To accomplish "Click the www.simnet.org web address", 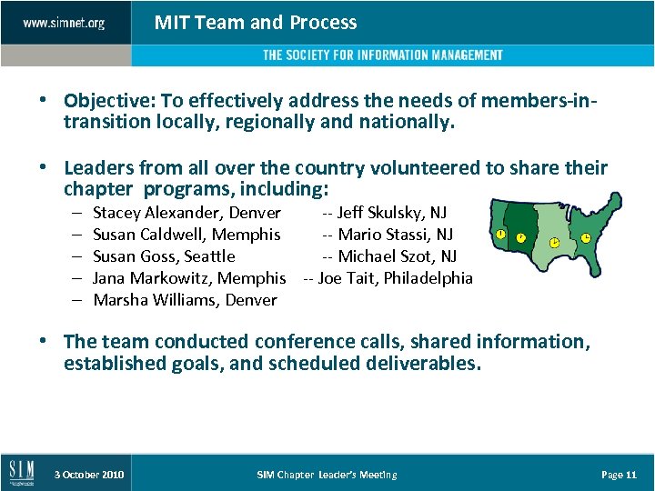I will tap(64, 23).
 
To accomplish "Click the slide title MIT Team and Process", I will tap(256, 23).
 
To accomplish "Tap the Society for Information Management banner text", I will tap(382, 55).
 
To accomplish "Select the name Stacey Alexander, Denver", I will tap(186, 213).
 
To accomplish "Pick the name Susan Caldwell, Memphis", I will tap(186, 235).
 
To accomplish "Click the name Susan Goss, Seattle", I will tap(164, 256).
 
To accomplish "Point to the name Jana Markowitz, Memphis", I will tap(189, 278).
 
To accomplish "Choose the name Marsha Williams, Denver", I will tap(185, 300).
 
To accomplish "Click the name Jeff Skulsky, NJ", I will tap(384, 213).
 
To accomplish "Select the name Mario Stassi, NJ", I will tap(388, 235).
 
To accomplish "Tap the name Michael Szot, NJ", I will tap(389, 256).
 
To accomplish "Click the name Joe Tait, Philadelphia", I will tap(388, 278).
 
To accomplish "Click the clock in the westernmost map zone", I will tap(500, 234).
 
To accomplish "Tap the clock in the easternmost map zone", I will tap(586, 238).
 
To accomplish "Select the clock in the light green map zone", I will tap(554, 244).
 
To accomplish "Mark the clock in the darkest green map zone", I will tap(521, 238).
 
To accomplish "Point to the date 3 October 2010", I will tap(89, 475).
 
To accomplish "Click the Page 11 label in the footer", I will tap(619, 475).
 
